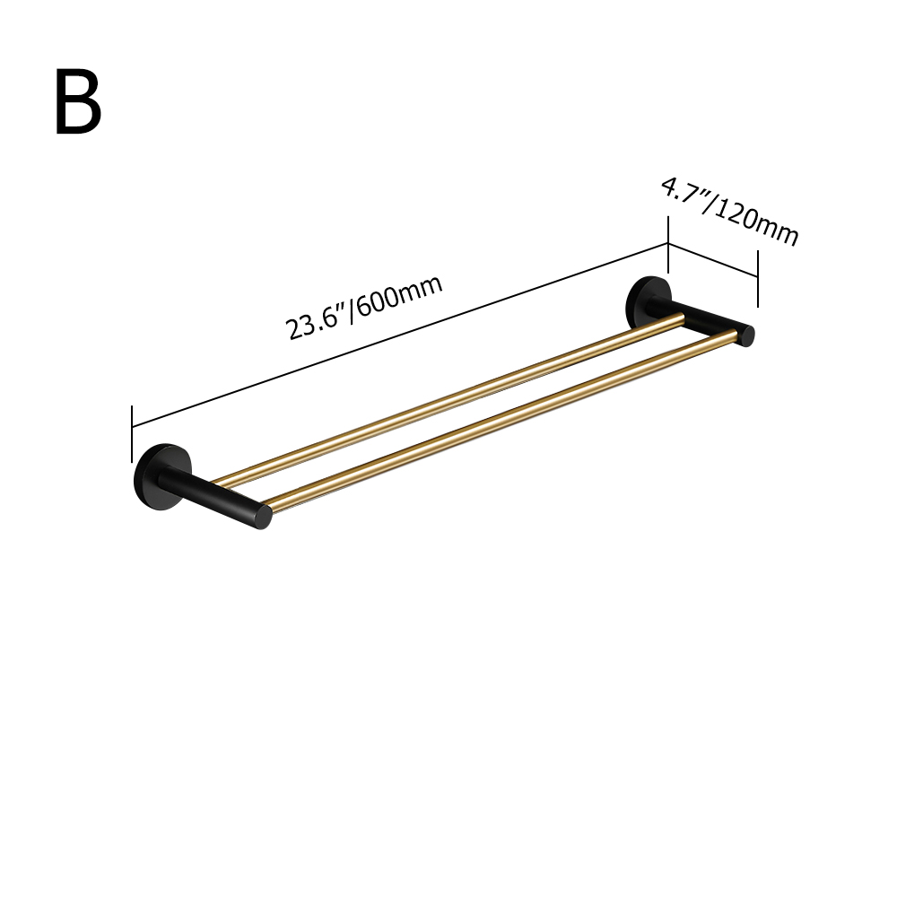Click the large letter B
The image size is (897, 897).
pos(78,103)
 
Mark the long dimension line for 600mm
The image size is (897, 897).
pos(399,334)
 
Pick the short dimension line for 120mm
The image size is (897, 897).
pos(713,260)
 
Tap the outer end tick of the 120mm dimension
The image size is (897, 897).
pos(758,278)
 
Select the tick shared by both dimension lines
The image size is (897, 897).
pos(668,245)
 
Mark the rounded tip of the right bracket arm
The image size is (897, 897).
pos(747,335)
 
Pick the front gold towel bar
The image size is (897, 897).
pos(502,422)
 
